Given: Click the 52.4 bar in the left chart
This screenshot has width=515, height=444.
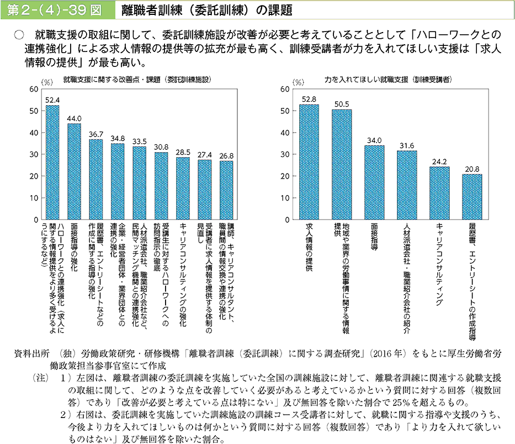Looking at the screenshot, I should pos(52,163).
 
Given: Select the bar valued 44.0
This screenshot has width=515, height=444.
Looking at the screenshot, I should pos(74,171).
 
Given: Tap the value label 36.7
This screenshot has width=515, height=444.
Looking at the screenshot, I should pos(95,134).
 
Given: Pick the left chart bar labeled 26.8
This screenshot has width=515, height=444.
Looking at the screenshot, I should pos(226,190).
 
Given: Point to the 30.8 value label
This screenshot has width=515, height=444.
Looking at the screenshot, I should pos(161,147).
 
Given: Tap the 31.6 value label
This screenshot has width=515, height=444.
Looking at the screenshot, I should pos(407,145).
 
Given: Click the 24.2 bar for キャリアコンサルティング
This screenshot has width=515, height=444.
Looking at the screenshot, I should pos(439,193).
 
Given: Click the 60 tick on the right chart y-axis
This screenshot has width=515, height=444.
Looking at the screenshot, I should pos(285,89).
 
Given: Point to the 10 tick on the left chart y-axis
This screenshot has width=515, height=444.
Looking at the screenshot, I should pos(34,198).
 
